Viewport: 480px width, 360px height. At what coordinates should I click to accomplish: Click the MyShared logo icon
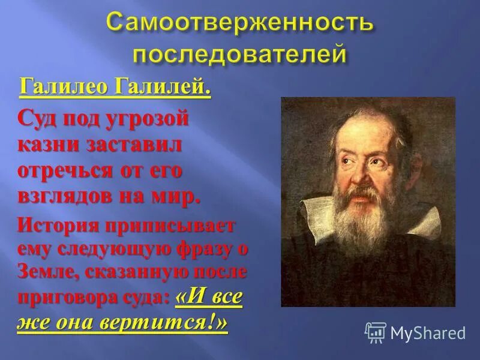coord(376,331)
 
